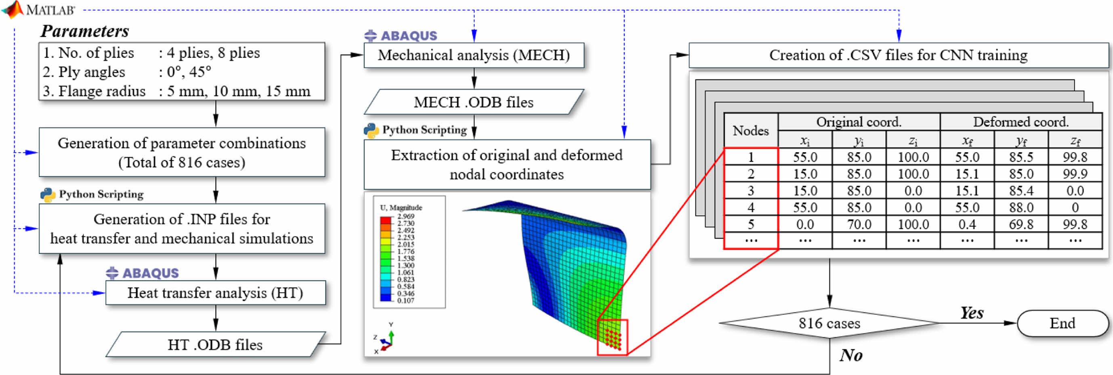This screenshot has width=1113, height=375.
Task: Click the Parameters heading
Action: coord(85,31)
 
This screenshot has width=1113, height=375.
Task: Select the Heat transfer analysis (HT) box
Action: coord(215,293)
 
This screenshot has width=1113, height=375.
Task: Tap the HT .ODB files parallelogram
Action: coord(215,345)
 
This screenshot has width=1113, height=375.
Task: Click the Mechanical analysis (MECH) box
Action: coord(474,55)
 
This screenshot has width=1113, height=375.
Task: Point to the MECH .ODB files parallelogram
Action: coord(474,103)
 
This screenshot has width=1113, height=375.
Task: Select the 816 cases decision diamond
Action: coord(829,323)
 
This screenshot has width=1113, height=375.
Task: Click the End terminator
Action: coord(1063,323)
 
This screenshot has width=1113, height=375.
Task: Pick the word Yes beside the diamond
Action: coord(972,313)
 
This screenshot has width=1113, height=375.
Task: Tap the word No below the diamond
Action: coord(851,355)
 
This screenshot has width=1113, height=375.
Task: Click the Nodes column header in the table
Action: coord(750,130)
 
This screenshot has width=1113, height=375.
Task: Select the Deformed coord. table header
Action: coord(1021,122)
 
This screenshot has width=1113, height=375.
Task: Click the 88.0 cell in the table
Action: coord(1021,208)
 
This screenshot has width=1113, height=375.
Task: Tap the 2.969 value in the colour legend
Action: coord(406,216)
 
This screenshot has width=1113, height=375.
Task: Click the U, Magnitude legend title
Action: coord(401,208)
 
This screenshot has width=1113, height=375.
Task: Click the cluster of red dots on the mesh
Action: coord(613,339)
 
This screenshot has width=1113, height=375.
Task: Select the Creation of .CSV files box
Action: coord(898,55)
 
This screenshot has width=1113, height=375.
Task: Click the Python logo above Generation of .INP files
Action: coord(48,195)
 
